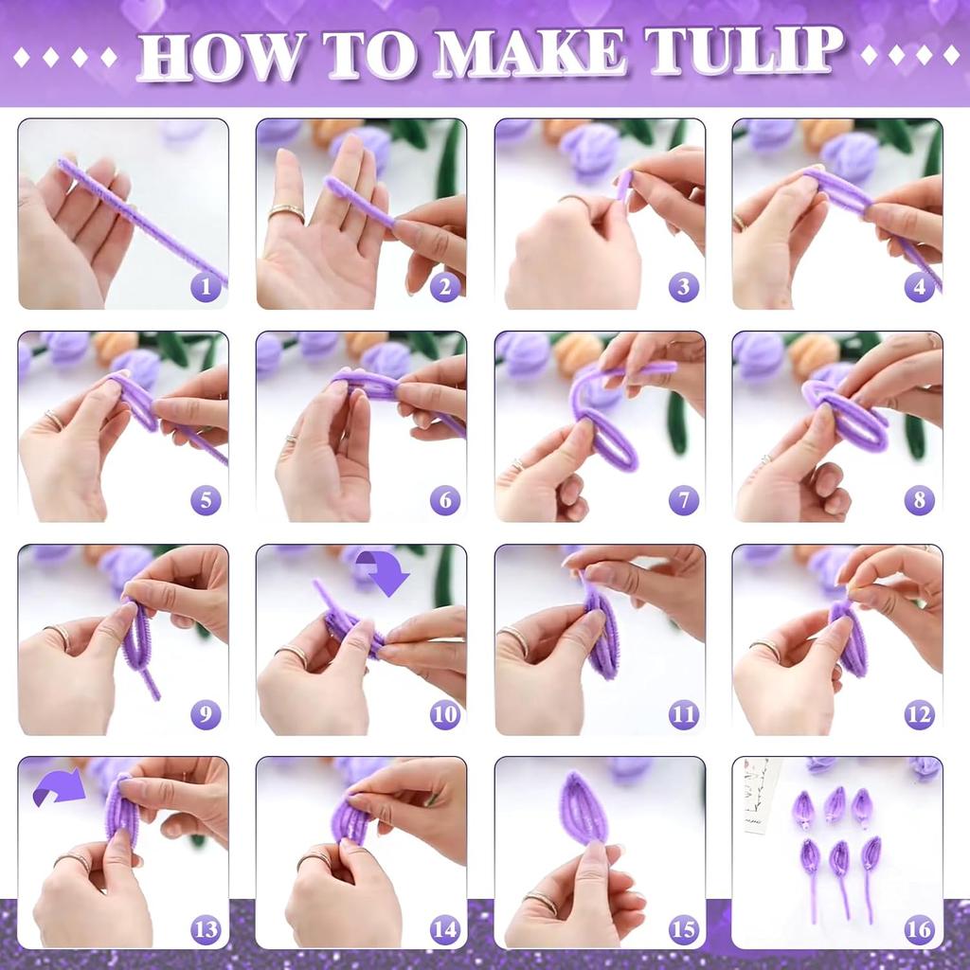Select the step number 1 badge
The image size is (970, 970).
point(206,286)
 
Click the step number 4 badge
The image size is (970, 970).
point(919,286)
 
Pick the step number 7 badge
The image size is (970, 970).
point(683,499)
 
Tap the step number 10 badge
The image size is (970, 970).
point(444,713)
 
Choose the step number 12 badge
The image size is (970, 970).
point(919,713)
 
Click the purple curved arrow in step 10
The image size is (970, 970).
point(382,575)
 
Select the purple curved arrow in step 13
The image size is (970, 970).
point(59,787)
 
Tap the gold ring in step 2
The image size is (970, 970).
point(286,213)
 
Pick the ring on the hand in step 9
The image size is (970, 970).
point(58,636)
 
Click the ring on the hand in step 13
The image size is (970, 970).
point(72,861)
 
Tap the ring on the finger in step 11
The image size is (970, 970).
point(516,639)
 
